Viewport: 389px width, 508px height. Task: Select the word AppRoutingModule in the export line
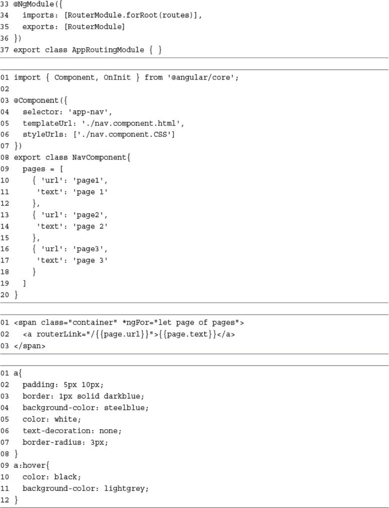point(108,50)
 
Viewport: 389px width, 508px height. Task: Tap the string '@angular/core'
point(203,77)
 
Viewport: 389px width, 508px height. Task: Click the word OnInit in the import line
point(117,77)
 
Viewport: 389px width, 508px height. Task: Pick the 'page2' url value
point(90,215)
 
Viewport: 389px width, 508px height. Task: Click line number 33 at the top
point(5,4)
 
